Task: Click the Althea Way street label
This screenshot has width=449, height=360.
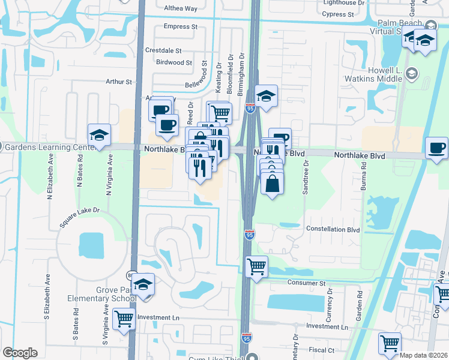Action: (x=181, y=8)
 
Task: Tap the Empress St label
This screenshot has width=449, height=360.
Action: (x=180, y=26)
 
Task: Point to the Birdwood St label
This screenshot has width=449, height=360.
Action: (x=173, y=62)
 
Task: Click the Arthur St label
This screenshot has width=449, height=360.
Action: (x=118, y=82)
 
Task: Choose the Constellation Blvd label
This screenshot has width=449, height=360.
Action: (x=333, y=229)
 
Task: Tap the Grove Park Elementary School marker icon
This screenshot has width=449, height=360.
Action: (x=143, y=284)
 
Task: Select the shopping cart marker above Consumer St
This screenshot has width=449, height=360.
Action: (x=257, y=265)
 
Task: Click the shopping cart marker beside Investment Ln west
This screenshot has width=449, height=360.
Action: (x=124, y=319)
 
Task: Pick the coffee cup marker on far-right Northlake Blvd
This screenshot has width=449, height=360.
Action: (x=436, y=148)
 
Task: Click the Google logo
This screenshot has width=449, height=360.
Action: (x=20, y=353)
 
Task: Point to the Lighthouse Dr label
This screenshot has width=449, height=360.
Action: (x=344, y=2)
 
